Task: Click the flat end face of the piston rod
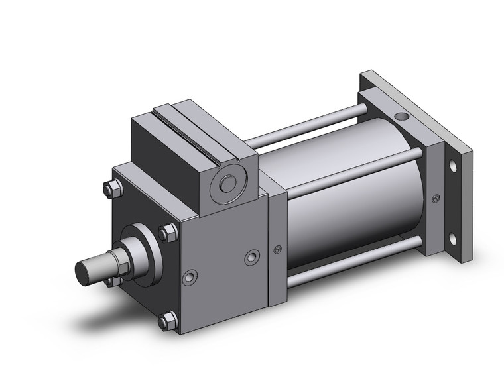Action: pos(85,271)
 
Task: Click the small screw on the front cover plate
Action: pos(277,249)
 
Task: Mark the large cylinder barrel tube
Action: pos(358,199)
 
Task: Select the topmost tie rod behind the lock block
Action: pos(305,126)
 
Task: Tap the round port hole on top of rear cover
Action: pos(403,118)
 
